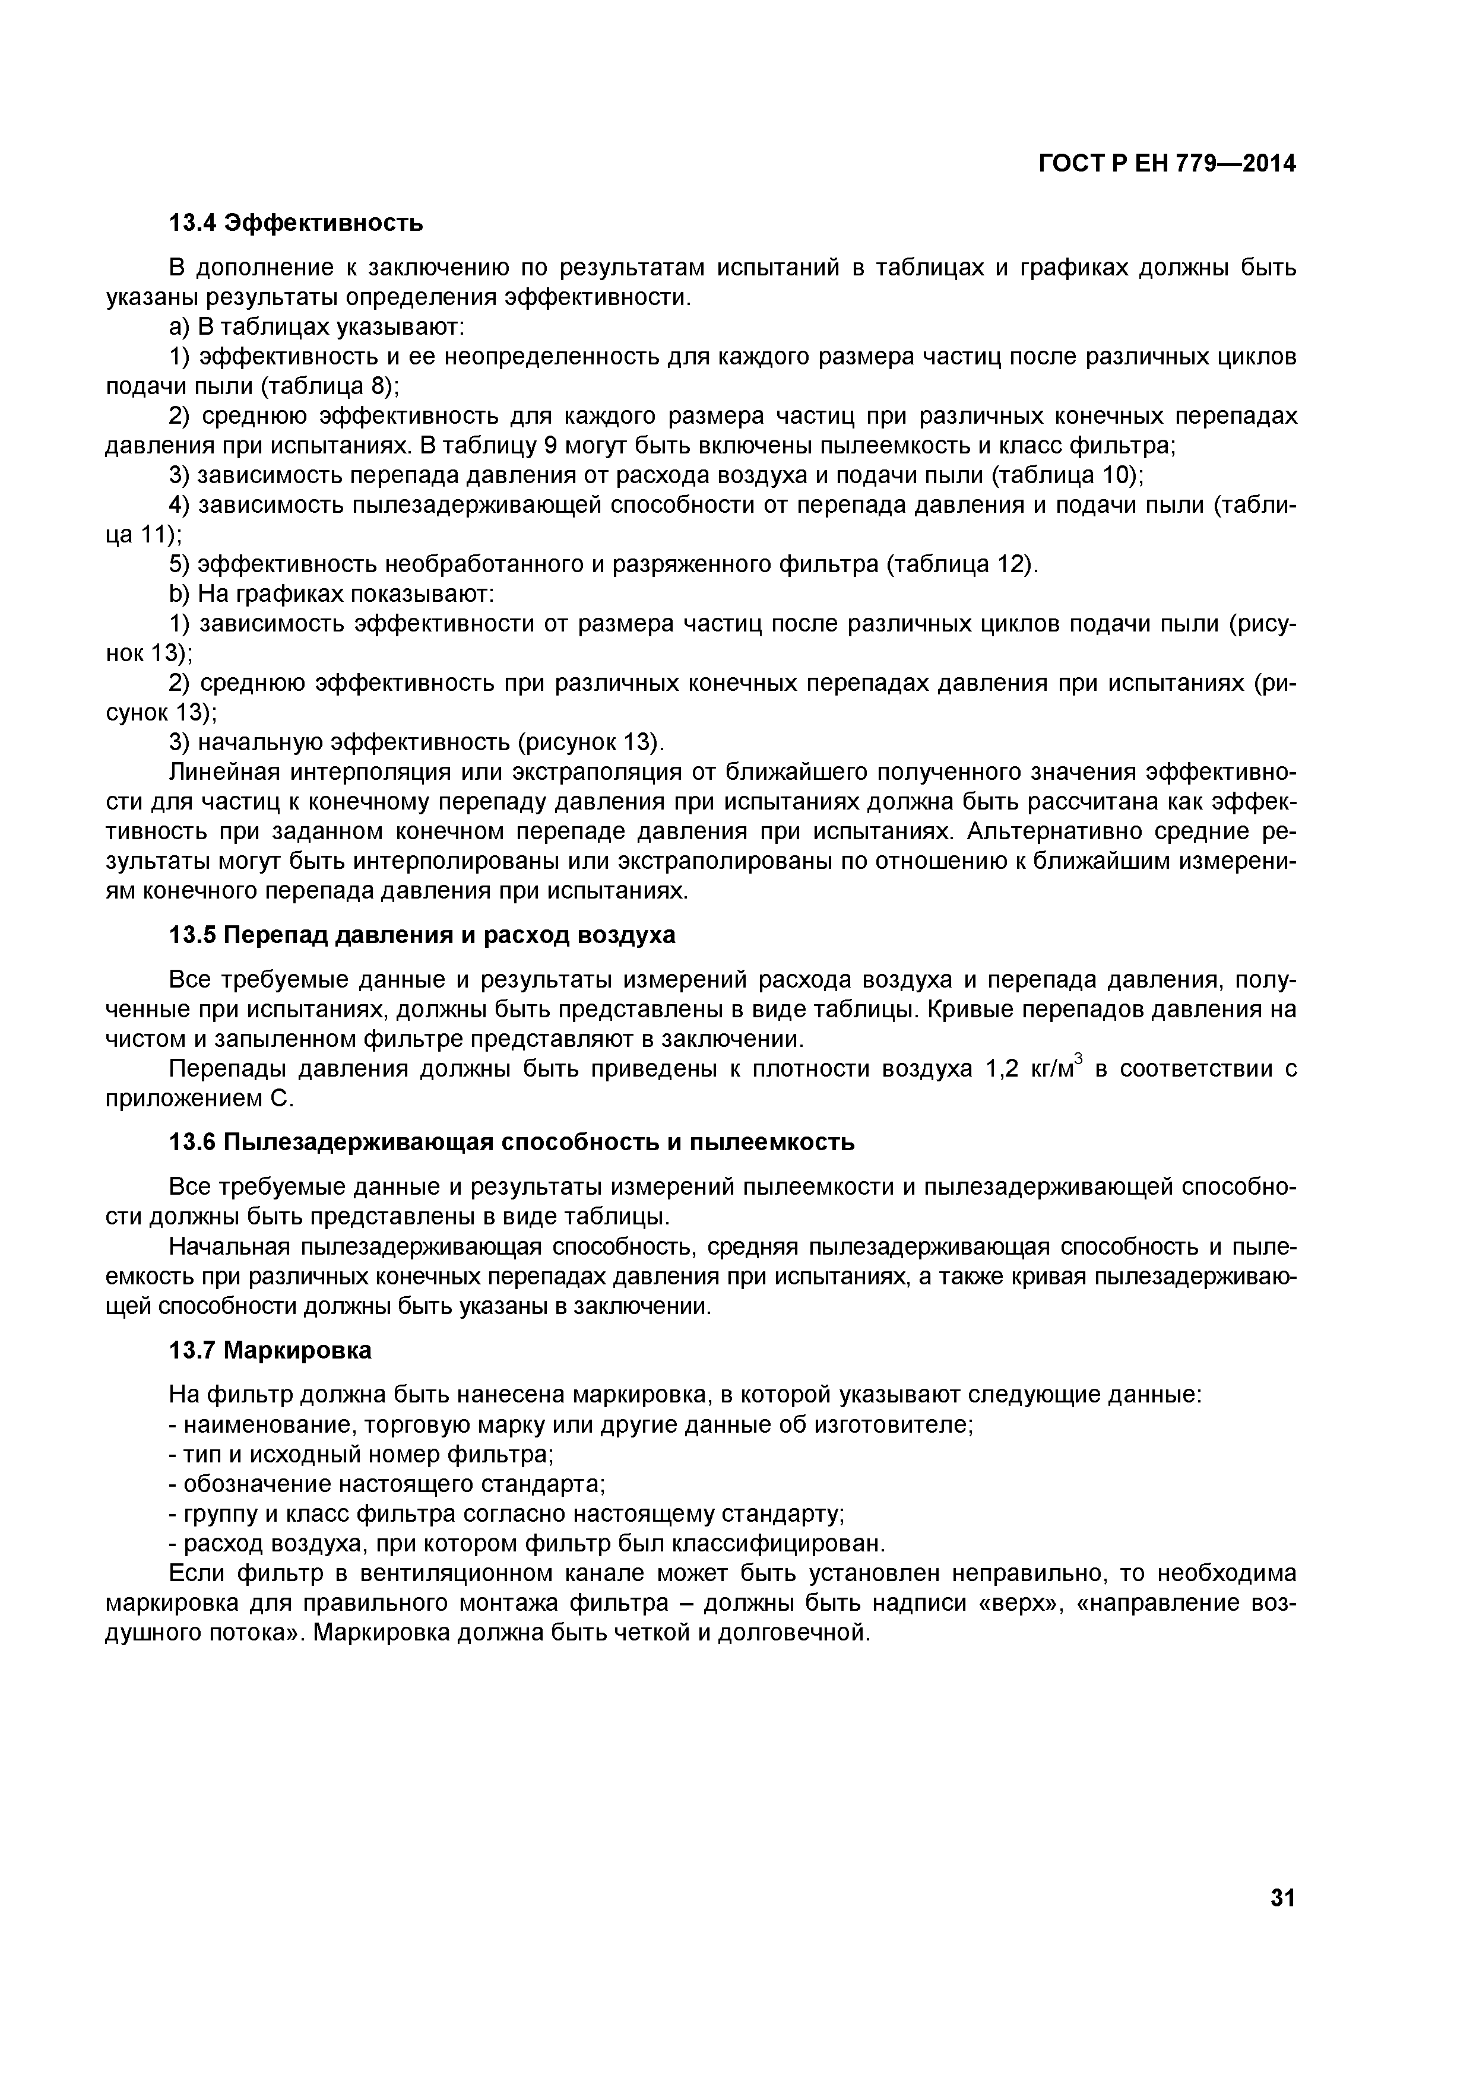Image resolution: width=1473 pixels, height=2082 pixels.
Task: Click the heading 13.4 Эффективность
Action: [297, 222]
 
